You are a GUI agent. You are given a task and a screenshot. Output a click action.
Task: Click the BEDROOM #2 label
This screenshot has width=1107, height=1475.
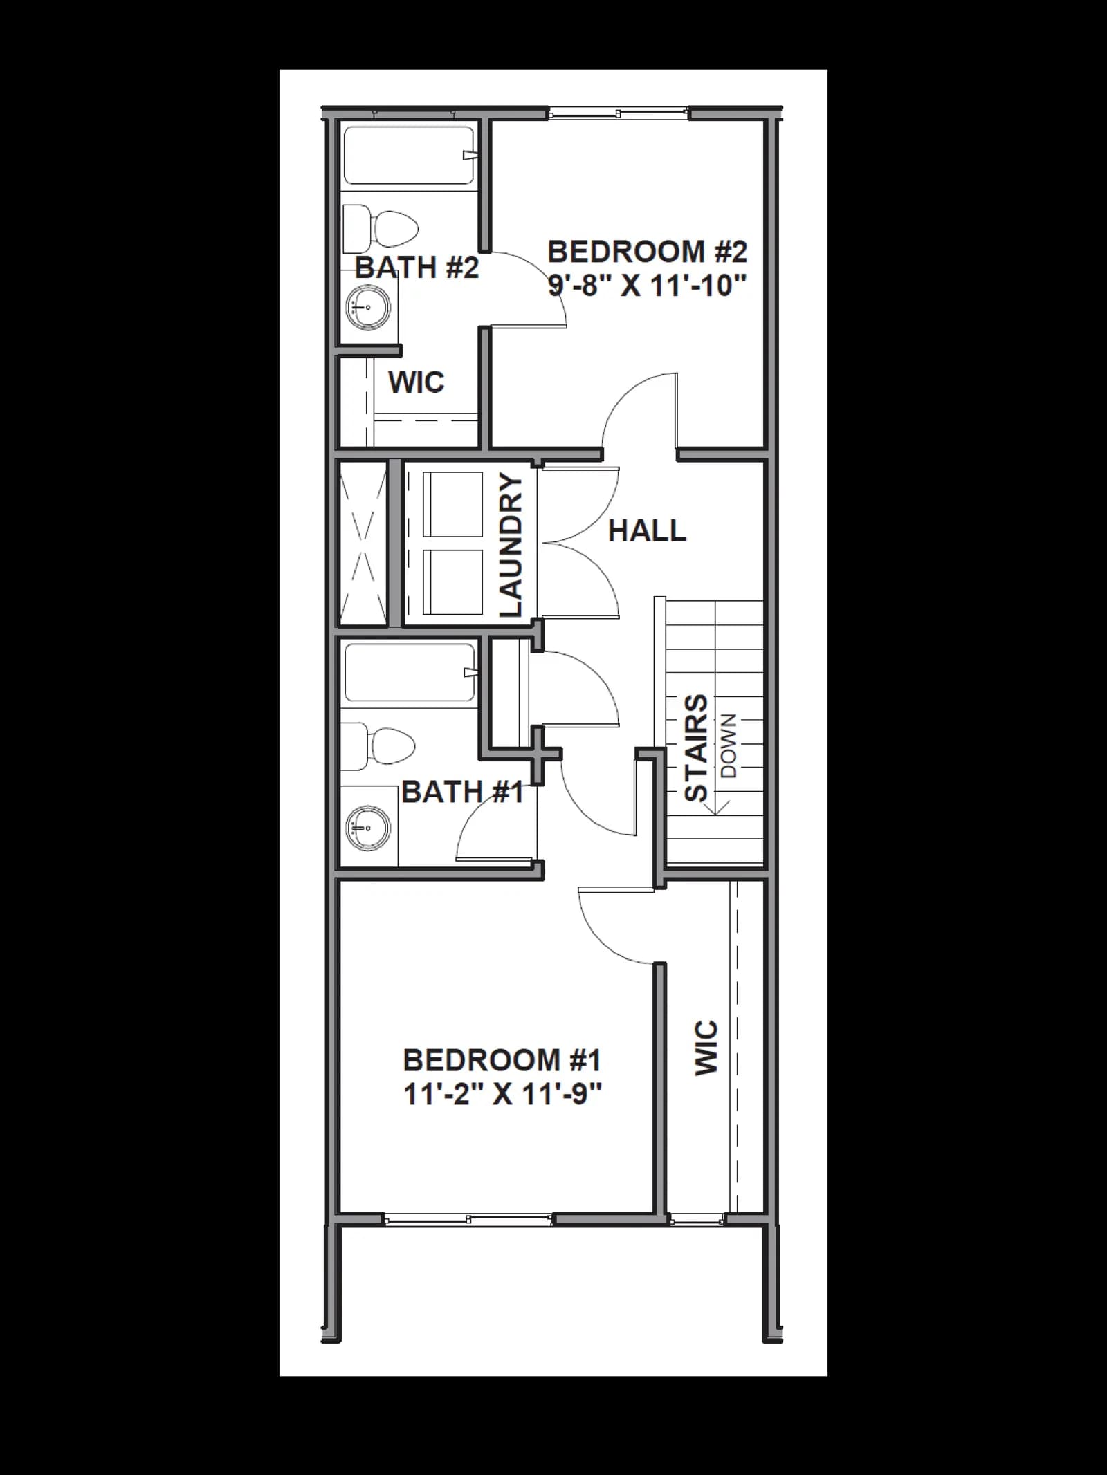click(x=648, y=252)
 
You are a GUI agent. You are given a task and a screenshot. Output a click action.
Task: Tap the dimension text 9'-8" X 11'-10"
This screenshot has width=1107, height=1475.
click(x=648, y=285)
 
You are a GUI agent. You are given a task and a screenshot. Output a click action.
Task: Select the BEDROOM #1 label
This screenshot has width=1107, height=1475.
click(x=502, y=1060)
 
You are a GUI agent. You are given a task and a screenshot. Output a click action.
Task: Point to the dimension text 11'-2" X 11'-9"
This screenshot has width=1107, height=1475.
click(x=502, y=1094)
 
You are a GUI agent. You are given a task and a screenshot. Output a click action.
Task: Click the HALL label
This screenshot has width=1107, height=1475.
click(x=647, y=531)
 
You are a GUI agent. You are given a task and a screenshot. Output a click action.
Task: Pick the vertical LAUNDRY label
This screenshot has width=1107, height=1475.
click(x=511, y=546)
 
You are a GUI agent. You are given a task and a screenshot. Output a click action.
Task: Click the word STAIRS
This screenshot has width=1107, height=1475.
click(x=696, y=748)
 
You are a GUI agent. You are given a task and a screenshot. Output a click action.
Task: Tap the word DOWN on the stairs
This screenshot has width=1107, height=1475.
click(x=729, y=745)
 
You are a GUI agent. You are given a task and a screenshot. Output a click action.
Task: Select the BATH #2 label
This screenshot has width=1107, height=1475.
click(x=417, y=268)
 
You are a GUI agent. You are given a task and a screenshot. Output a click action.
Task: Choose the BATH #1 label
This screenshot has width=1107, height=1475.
click(x=462, y=792)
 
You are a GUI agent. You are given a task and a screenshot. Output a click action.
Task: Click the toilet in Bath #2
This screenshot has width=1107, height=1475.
click(x=381, y=228)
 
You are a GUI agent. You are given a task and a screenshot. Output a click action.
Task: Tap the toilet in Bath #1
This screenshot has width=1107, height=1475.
click(x=378, y=746)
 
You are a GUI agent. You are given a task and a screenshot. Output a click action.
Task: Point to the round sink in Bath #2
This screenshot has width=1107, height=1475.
click(x=368, y=306)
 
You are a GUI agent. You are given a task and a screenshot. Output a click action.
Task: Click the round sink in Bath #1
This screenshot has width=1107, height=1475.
click(x=368, y=828)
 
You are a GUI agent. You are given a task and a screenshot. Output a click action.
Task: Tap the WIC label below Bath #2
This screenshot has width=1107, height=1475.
click(x=416, y=382)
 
